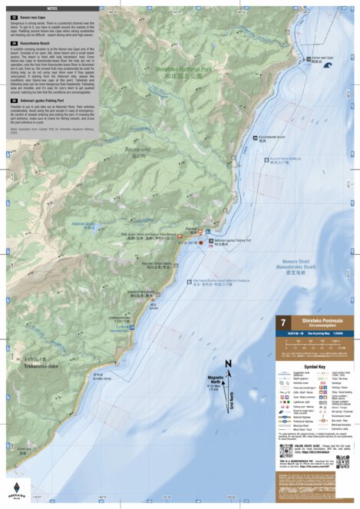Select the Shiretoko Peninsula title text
tap(318, 322)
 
